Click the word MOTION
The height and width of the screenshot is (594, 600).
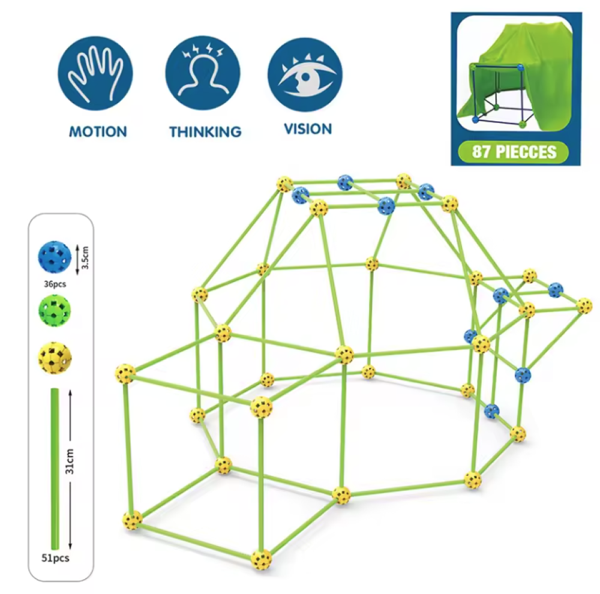(98, 131)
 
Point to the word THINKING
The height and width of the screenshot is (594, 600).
(205, 132)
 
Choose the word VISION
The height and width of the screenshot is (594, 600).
(308, 129)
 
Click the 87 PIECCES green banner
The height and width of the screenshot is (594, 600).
(514, 151)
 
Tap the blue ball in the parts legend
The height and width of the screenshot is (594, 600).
(54, 256)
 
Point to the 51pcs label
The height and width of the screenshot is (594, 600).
(56, 558)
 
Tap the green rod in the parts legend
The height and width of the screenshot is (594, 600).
(55, 468)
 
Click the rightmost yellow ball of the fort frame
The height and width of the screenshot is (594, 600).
(584, 305)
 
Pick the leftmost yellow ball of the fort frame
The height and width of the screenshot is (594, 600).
(125, 374)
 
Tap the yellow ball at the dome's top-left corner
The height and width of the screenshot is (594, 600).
(284, 184)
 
